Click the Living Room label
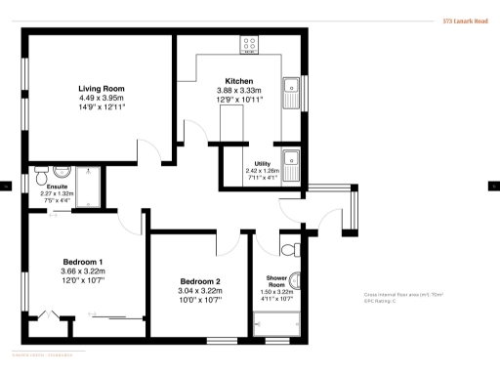pos(102,88)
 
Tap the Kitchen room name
pos(239,81)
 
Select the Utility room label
pos(261,164)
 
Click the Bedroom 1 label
pos(83,263)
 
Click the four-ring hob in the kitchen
pos(249,44)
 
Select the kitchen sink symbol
pos(291,93)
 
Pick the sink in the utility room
pos(291,159)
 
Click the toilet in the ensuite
pos(42,178)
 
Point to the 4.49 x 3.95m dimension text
pos(102,97)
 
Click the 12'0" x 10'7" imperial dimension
pos(83,281)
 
